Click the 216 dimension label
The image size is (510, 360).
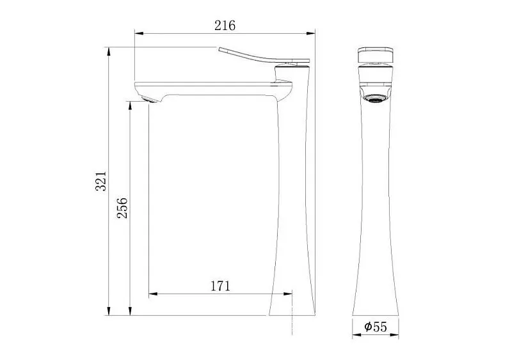pyautogui.click(x=225, y=26)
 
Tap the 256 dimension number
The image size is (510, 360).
pyautogui.click(x=122, y=208)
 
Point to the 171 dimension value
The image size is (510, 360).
pyautogui.click(x=219, y=286)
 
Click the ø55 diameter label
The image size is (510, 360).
pyautogui.click(x=376, y=327)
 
